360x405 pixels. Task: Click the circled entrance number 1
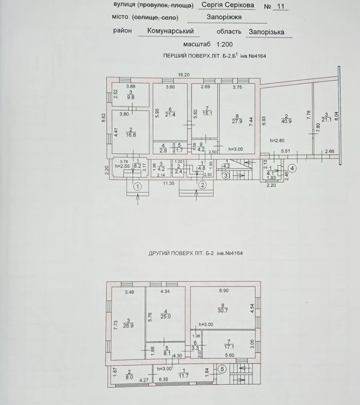coord(138,187)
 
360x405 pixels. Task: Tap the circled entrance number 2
coord(202,185)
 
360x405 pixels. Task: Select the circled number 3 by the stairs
coord(226,176)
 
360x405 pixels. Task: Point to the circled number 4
coord(292,168)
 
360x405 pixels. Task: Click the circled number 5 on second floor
coord(222,369)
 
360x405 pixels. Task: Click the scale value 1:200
coord(224,44)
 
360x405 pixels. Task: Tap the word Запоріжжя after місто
coord(224,17)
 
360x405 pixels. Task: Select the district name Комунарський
coord(170,31)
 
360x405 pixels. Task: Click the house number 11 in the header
coord(281,6)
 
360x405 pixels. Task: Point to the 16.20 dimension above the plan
coord(184,75)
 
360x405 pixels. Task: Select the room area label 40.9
coord(286,121)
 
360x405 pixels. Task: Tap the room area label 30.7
coord(222,310)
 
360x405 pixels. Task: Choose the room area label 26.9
coord(128,326)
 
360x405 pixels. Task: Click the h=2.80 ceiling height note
coord(277,141)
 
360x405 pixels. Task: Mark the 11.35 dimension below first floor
coord(168,183)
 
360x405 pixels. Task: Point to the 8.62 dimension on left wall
coord(103,118)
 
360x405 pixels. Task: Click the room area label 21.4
coord(170,114)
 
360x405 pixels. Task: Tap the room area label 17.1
coord(229,347)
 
